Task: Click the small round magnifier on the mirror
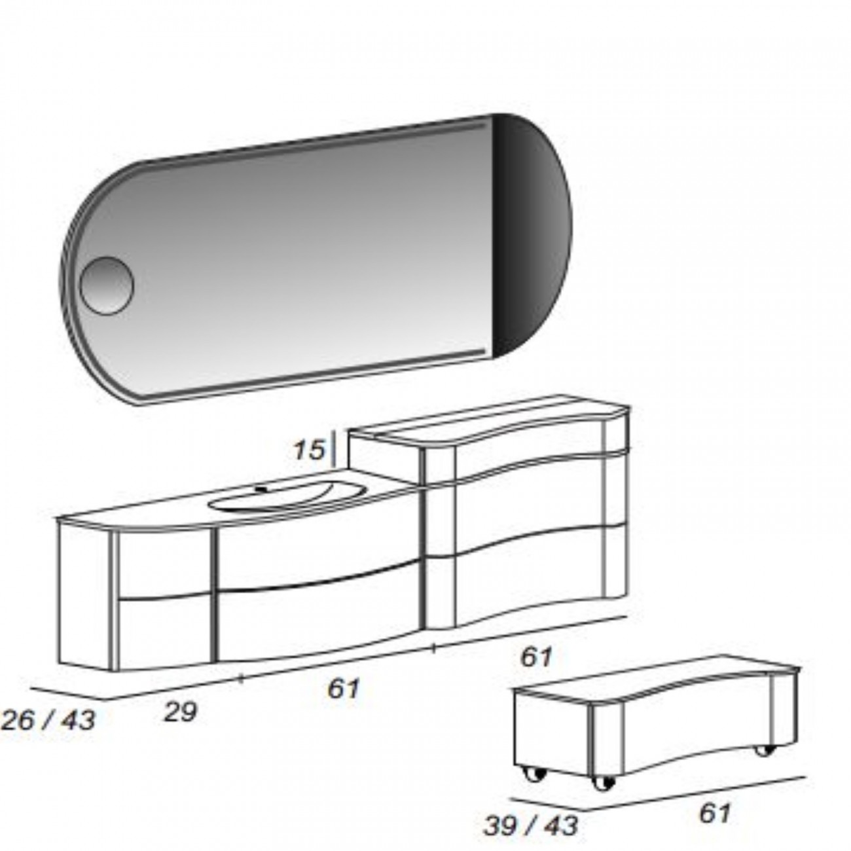[x=107, y=285]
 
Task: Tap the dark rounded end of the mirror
[x=530, y=234]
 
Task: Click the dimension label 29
[x=180, y=712]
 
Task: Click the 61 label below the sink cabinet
[x=344, y=688]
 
